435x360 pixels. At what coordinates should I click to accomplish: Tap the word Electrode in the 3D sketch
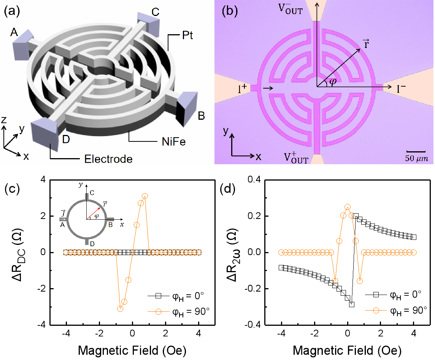(108, 159)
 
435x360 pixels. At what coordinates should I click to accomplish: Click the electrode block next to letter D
(44, 132)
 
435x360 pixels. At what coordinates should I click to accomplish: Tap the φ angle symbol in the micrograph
(333, 82)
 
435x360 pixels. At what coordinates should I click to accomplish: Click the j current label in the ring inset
(63, 214)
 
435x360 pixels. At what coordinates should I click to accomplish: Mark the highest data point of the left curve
(144, 196)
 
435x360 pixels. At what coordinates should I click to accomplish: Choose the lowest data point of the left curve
(120, 309)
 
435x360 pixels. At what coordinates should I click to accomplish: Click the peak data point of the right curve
(348, 207)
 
